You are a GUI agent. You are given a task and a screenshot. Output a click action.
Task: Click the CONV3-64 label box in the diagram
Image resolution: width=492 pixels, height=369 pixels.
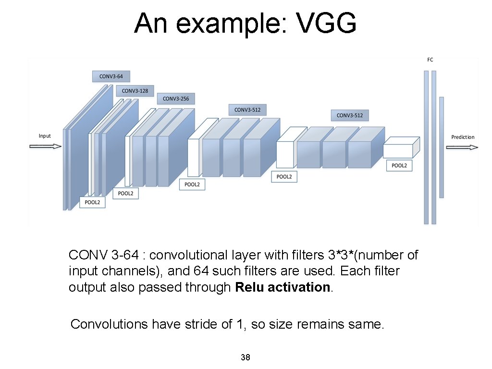coord(111,76)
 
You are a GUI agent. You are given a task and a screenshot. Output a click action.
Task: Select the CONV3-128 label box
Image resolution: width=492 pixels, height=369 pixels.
coord(135,90)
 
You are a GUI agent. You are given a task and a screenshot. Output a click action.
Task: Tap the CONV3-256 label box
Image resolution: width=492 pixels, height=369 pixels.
coord(176,99)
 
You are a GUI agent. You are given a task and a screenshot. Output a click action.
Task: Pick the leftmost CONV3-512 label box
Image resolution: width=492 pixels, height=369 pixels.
coord(247,110)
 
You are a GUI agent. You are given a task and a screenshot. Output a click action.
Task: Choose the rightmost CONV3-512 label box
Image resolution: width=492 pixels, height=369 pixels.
coord(350,115)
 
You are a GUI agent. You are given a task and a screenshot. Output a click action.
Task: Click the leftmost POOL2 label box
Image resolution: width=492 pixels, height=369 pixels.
coord(92,202)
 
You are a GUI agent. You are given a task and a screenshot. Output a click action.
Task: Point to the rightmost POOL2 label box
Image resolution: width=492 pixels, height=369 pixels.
coord(399,166)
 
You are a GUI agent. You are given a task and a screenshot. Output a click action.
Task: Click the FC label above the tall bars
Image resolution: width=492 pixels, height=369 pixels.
coord(430,60)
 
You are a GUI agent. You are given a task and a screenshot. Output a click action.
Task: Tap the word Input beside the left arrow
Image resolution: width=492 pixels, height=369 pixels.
coord(45,136)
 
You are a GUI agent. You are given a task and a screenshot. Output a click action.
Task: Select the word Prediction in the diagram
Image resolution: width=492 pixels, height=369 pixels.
coord(463,137)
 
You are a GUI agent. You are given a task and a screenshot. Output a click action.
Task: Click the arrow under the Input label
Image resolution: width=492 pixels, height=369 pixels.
coord(46,147)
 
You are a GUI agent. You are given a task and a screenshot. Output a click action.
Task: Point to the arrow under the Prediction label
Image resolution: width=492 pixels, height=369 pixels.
coord(462,148)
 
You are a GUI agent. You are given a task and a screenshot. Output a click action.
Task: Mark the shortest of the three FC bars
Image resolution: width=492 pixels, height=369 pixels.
coord(441,147)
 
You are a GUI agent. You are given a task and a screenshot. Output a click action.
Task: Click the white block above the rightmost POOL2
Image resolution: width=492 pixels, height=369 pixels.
coord(398,151)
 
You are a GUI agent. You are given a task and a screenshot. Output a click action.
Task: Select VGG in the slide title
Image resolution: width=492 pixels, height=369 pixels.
coord(327,23)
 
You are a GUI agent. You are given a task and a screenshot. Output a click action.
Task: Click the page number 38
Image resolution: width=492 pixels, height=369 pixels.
coord(245,357)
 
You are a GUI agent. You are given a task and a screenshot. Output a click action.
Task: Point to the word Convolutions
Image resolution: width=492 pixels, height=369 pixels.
coord(109,324)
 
